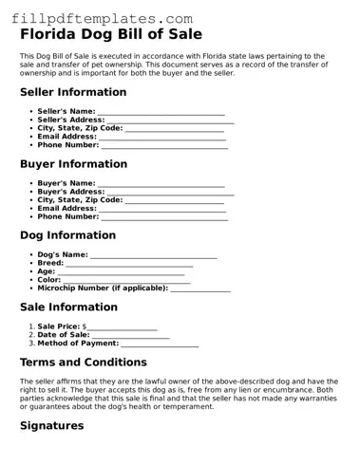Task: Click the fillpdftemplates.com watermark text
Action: point(97,18)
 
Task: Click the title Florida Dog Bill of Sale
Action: point(111,34)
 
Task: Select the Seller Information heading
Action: point(72,92)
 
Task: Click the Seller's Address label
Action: point(70,120)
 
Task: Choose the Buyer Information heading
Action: point(72,163)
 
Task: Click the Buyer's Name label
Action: point(66,182)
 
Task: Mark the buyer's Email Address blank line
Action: point(162,208)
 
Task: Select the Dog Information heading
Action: point(66,234)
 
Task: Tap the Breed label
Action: point(50,263)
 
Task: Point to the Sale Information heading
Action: point(68,307)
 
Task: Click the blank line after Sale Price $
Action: point(123,325)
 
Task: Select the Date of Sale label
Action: point(63,334)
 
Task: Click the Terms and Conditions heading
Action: point(83,362)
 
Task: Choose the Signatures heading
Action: point(51,425)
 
